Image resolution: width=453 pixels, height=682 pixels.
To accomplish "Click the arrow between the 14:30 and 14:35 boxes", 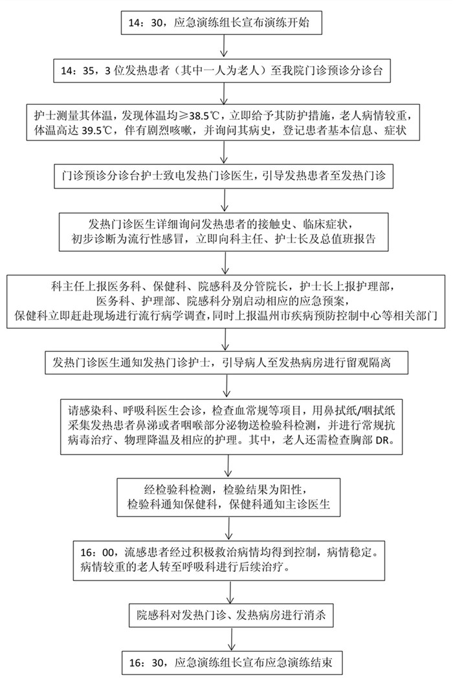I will click(224, 47).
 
